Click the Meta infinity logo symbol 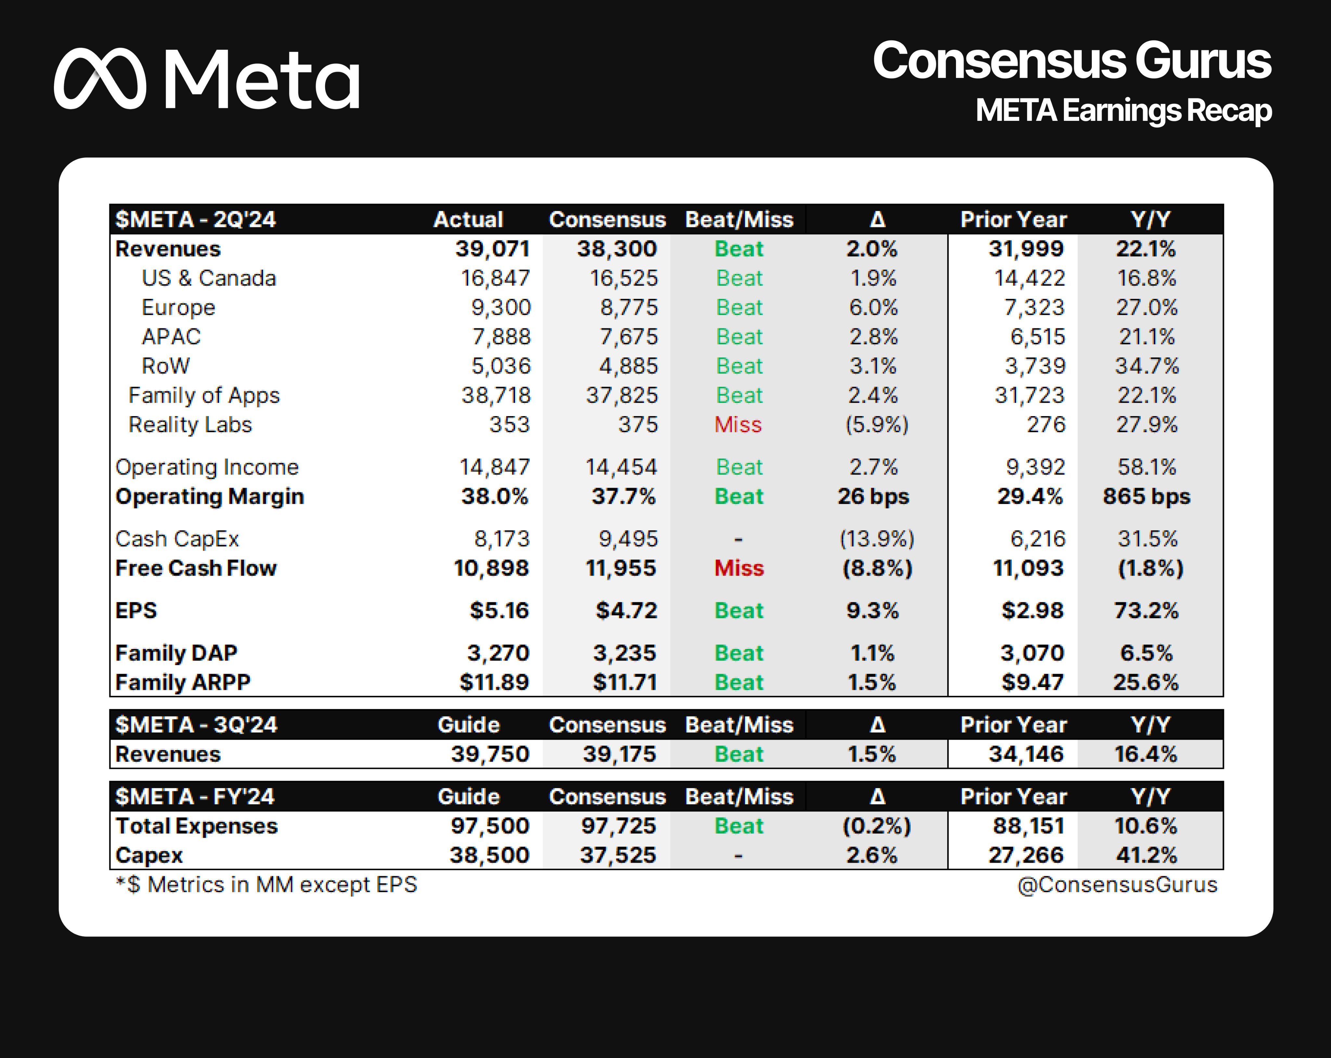(100, 79)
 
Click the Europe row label (178, 307)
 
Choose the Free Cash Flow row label (196, 568)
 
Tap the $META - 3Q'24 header (196, 725)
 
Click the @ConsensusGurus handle (1117, 885)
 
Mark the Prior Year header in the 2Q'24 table (1013, 220)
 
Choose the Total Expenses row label (196, 826)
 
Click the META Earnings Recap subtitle (1123, 111)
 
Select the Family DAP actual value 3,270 (498, 653)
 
